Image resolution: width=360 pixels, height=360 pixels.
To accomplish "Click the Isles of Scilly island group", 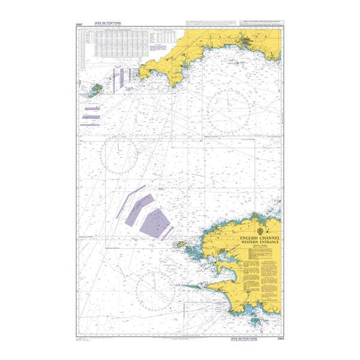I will (95, 91).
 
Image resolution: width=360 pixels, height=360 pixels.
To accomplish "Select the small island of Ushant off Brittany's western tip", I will (179, 245).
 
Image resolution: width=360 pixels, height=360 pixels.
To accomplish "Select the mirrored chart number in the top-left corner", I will (79, 25).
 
